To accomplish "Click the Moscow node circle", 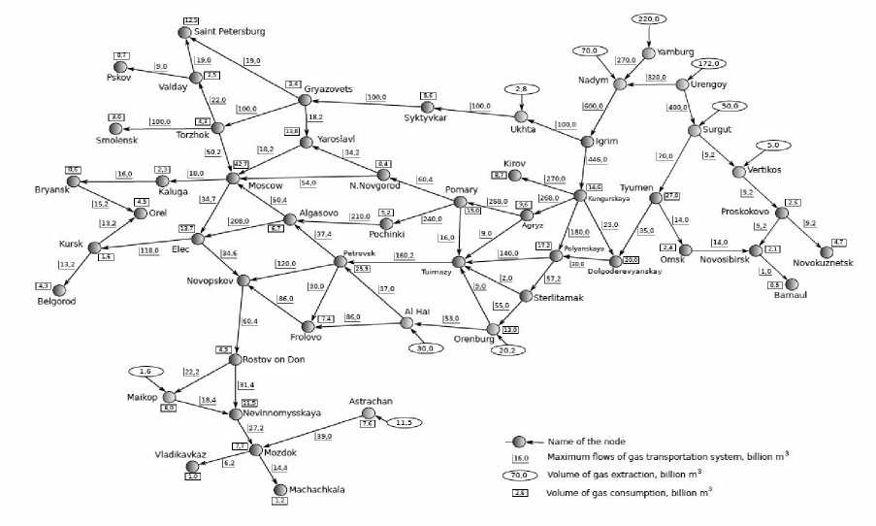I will coord(233,178).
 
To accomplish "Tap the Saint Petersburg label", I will coord(229,32).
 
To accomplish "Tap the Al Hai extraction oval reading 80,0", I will coord(423,348).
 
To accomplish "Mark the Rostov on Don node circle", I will coord(235,359).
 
